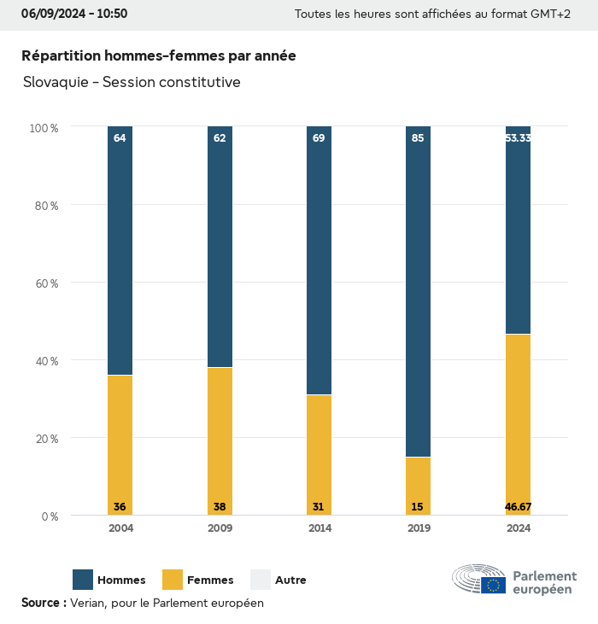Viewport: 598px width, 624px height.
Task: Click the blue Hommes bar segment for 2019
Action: tap(418, 291)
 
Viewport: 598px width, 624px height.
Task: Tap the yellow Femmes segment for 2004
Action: tap(120, 445)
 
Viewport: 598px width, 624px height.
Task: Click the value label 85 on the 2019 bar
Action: tap(418, 137)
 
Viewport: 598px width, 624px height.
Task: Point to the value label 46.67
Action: tap(518, 507)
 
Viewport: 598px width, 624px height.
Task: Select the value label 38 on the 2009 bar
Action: tap(220, 507)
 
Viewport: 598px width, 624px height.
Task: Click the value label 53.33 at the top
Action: tap(518, 137)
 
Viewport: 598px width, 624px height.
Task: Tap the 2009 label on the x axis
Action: tap(220, 528)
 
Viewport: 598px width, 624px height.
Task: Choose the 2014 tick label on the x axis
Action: tap(319, 528)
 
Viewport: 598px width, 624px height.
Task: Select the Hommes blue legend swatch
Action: tap(83, 580)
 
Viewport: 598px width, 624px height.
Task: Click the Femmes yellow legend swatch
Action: tap(173, 580)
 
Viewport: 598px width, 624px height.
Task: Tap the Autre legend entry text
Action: tap(290, 580)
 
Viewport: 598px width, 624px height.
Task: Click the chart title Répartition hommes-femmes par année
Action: tap(159, 56)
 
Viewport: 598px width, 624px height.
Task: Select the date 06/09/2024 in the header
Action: tap(52, 14)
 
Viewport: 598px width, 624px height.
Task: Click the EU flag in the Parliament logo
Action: tap(493, 585)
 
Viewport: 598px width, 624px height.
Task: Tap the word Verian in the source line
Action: tap(88, 603)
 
